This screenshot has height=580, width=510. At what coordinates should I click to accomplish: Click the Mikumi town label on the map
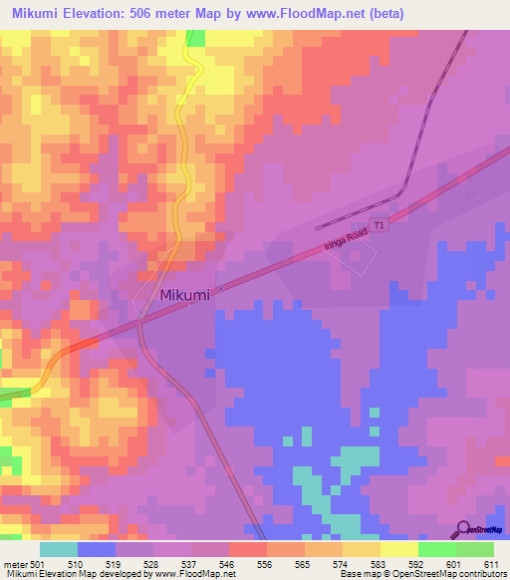186,296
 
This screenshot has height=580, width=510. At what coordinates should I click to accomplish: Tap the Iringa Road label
346,240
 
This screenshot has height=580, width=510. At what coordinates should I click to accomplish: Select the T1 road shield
379,226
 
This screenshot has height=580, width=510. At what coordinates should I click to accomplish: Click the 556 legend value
264,563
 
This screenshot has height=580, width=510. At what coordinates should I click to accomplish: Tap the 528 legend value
152,563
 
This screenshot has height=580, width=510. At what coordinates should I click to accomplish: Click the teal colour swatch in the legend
59,549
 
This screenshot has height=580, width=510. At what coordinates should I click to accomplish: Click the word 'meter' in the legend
16,563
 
